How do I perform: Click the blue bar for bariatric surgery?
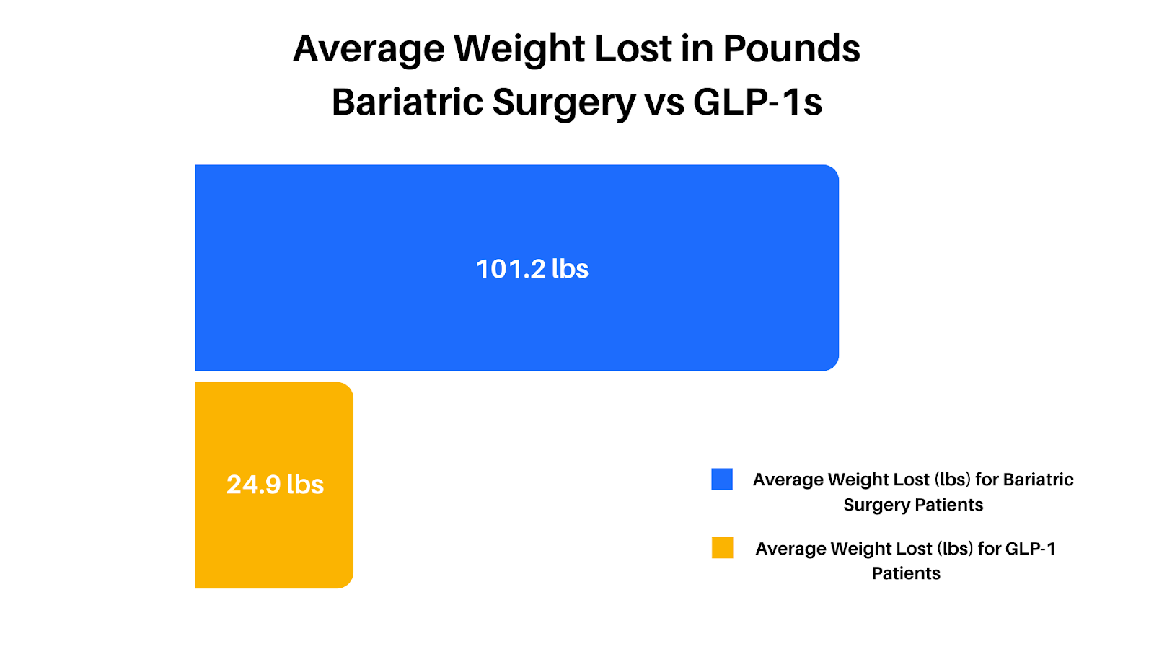coord(516,216)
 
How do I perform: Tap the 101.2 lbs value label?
coord(532,269)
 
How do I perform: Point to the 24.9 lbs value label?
coord(275,485)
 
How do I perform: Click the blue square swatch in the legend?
coord(722,480)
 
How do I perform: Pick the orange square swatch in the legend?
coord(722,548)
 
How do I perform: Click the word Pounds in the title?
coord(791,49)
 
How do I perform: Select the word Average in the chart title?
coord(369,49)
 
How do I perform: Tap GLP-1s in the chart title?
coord(757,102)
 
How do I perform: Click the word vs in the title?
coord(664,102)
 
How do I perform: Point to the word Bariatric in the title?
coord(408,102)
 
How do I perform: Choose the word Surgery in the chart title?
coord(565,102)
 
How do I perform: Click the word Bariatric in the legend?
coord(1038,480)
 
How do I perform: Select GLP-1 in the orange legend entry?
coord(1030,549)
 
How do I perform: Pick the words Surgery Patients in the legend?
coord(913,505)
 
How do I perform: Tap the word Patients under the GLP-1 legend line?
coord(906,573)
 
